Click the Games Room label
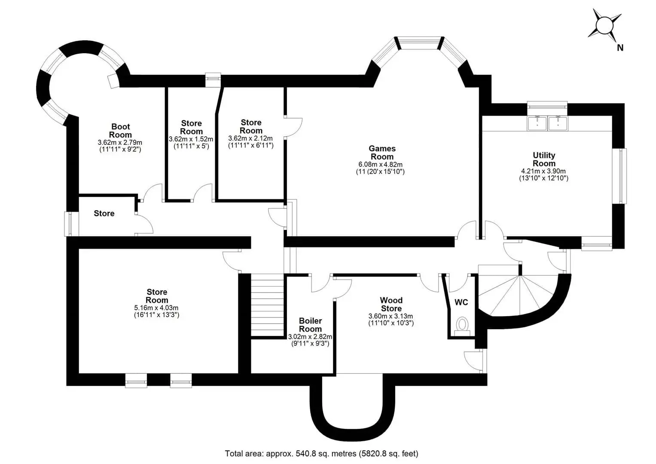382,153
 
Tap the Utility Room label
544,159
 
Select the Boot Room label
120,131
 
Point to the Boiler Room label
310,325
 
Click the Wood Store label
391,304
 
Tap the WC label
461,302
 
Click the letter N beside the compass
620,48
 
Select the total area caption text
321,454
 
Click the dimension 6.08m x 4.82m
380,165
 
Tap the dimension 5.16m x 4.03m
156,308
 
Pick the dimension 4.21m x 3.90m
543,171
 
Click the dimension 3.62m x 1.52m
191,139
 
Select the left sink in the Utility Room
537,123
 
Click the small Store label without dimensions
104,214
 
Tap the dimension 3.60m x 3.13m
391,316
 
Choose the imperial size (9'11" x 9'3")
310,344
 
